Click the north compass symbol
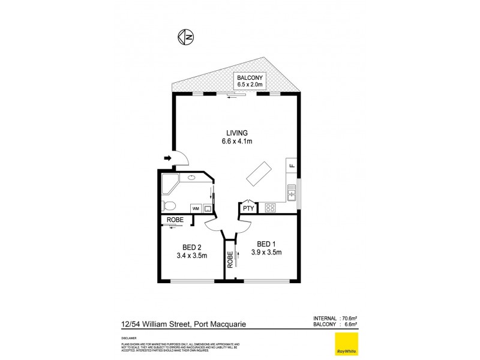(186, 37)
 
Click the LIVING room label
(237, 137)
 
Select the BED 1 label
(269, 248)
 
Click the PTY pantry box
(248, 208)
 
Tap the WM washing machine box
(196, 208)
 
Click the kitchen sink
(292, 193)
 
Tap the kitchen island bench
(257, 173)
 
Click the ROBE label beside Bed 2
(175, 220)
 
